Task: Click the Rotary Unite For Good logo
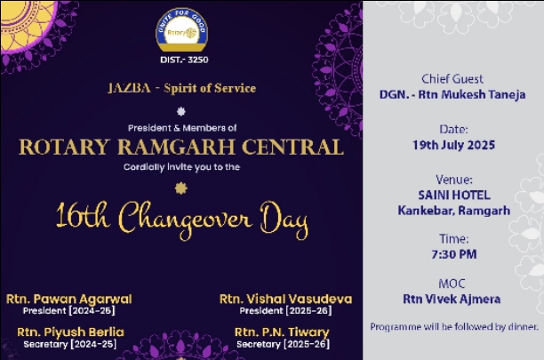point(182,30)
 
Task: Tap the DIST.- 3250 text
point(184,60)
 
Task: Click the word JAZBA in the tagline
point(130,88)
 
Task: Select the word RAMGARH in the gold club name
point(176,147)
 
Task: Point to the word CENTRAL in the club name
point(292,147)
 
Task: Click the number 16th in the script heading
point(83,217)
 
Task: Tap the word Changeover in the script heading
point(185,220)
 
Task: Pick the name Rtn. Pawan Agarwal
point(69,299)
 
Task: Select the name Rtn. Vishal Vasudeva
point(285,299)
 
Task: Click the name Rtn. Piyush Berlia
point(70,332)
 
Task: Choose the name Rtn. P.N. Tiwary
point(282,332)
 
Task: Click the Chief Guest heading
point(452,79)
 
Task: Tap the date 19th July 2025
point(453,145)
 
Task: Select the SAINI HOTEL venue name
point(454,196)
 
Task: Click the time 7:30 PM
point(454,254)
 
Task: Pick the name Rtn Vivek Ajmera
point(452,299)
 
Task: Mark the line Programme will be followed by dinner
point(454,327)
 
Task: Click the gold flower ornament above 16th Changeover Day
point(180,188)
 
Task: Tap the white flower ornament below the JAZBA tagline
point(180,111)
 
